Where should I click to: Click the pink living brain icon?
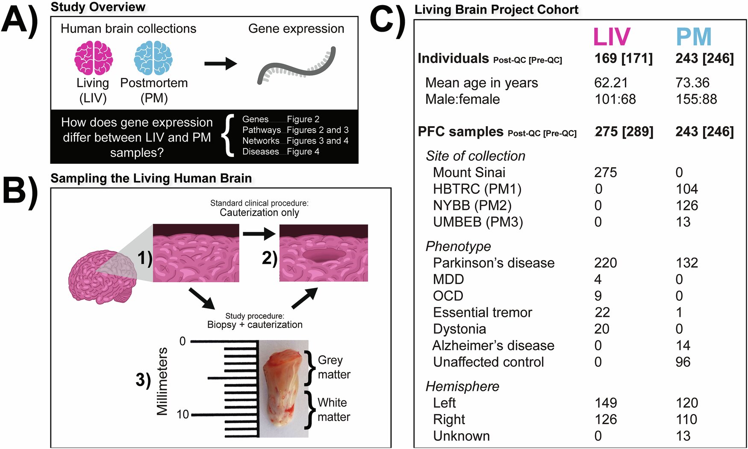94,58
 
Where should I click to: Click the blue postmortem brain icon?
153,58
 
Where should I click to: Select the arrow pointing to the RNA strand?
220,64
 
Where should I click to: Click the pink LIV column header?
611,37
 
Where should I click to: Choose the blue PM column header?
693,37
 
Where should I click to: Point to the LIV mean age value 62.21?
610,83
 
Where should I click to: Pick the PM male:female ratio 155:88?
696,99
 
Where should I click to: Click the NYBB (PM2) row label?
472,205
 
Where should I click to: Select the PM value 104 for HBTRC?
686,189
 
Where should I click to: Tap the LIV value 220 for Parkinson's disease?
605,263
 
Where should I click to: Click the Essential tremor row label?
482,313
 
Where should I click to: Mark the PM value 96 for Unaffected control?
683,362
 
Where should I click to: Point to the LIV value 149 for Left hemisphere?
606,403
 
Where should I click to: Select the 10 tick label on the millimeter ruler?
183,414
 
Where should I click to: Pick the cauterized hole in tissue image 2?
324,255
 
